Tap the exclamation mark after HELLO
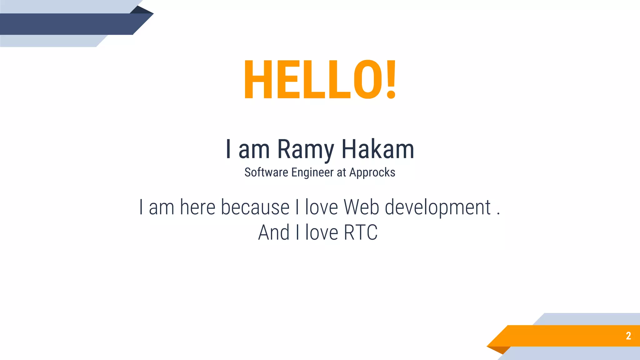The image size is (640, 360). (x=391, y=80)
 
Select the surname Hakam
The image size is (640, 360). (x=377, y=149)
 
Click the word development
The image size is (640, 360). (x=437, y=208)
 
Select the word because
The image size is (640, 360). (x=255, y=207)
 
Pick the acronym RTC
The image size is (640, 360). (x=361, y=232)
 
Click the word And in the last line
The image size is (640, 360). (x=274, y=232)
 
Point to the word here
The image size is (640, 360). (x=198, y=207)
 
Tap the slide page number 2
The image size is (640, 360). (x=628, y=336)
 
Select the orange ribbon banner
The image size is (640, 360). (x=562, y=336)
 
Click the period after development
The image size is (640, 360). (x=498, y=214)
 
